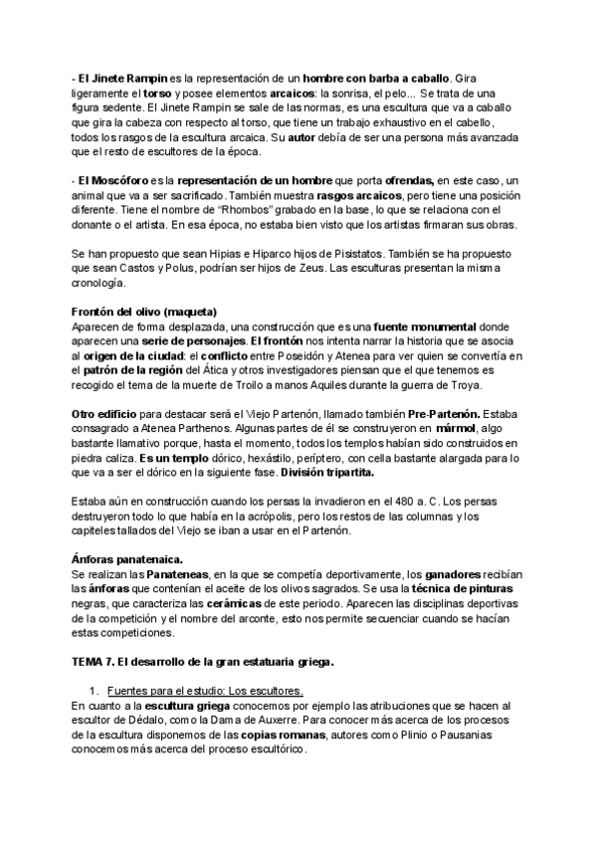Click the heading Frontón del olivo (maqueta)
[x=144, y=312]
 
